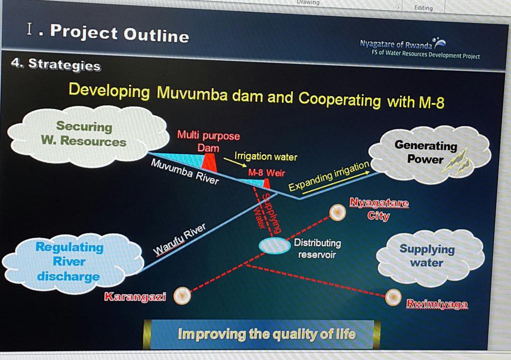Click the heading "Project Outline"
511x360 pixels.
tap(119, 34)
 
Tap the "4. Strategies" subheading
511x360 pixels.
tap(55, 64)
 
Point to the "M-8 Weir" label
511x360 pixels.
tap(266, 173)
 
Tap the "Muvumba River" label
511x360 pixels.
tap(185, 172)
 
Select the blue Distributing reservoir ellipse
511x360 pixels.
tap(274, 245)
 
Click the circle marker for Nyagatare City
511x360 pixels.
tap(337, 213)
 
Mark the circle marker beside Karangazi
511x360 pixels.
tap(182, 296)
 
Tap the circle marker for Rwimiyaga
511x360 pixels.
tap(393, 297)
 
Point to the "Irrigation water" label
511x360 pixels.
tap(265, 157)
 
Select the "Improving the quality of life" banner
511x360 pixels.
tap(266, 334)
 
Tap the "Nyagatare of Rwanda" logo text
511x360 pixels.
tap(396, 44)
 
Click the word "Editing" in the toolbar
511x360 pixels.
tap(423, 8)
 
